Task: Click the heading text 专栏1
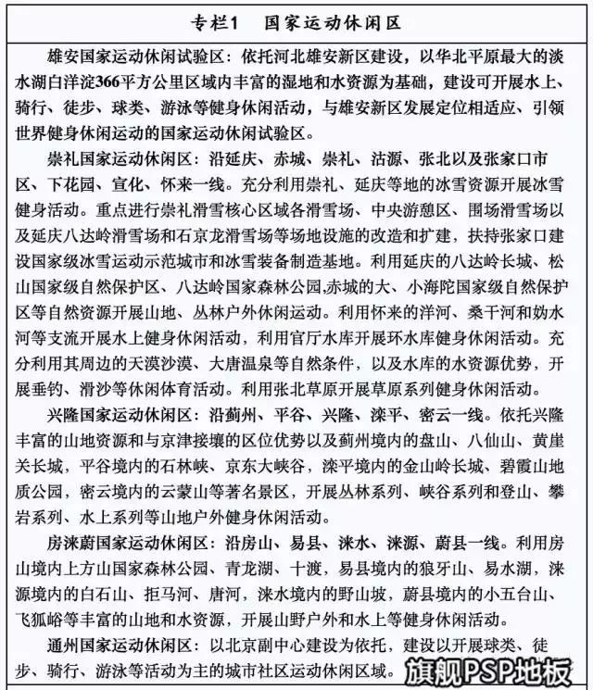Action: pos(219,19)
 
